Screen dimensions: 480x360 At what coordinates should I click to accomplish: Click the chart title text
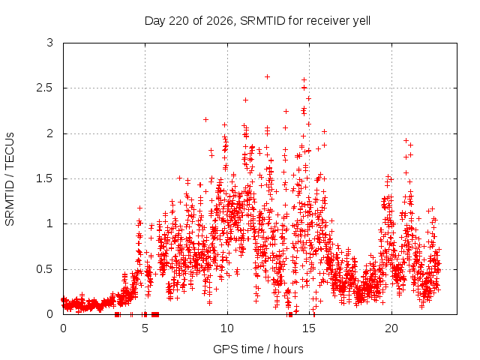pos(257,21)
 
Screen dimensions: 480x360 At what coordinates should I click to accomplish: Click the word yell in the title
pos(361,21)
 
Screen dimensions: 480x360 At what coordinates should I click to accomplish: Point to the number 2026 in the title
pos(220,20)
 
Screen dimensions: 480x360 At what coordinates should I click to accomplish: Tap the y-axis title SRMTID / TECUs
pos(10,179)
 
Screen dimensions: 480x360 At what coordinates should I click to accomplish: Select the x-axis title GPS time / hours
pos(258,349)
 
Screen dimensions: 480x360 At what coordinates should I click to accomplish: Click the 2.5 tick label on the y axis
pos(45,88)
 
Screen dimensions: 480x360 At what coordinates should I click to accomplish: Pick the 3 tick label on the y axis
pos(50,43)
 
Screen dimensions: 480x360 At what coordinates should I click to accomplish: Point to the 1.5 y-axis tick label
pos(45,178)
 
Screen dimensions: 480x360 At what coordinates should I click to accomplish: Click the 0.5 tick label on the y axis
pos(45,269)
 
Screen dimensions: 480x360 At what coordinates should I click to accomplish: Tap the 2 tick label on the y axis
pos(50,133)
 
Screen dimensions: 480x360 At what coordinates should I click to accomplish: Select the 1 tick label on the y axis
pos(50,223)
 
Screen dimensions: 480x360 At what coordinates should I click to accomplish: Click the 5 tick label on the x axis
pos(145,328)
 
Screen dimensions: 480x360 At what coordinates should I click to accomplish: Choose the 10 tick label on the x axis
pos(227,328)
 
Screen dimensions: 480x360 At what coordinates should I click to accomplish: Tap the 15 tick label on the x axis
pos(309,328)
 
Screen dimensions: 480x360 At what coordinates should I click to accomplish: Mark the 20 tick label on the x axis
pos(391,328)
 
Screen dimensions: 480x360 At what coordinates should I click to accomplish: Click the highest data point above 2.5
pos(267,76)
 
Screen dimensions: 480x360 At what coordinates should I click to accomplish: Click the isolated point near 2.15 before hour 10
pos(205,119)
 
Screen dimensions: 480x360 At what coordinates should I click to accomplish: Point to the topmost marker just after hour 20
pos(406,140)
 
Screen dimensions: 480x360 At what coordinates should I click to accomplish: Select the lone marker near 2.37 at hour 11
pos(245,100)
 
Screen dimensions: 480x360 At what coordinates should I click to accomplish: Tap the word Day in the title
pos(155,21)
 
